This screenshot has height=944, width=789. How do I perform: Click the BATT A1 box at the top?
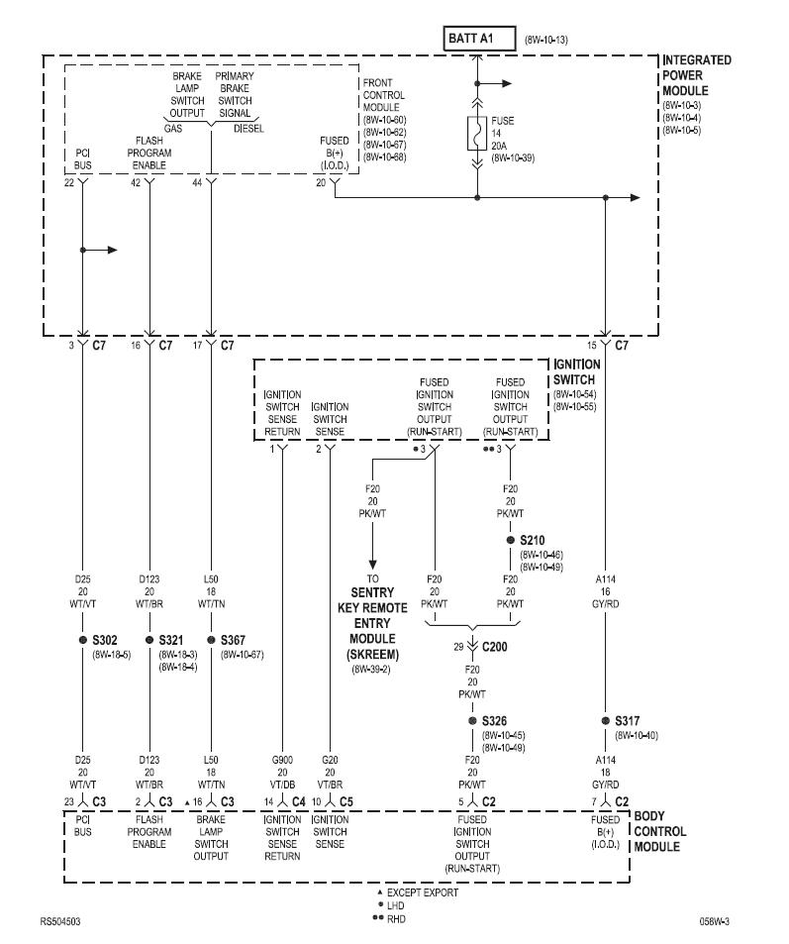point(478,41)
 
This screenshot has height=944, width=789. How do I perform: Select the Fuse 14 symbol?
point(477,133)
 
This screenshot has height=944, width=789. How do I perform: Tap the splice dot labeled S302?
point(83,640)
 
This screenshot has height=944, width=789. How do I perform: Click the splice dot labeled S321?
point(149,640)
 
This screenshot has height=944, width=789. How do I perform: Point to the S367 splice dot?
point(211,640)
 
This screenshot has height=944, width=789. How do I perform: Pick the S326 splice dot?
point(473,721)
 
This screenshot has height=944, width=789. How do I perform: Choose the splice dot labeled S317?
point(604,721)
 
